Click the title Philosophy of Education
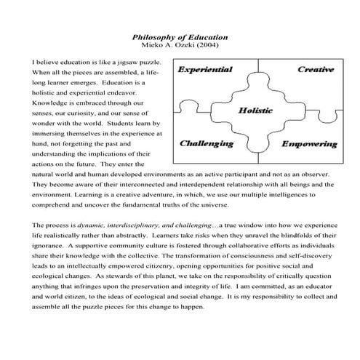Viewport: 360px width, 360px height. (180, 36)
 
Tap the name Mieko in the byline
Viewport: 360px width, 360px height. (154, 45)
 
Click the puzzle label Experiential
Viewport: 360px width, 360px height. (205, 70)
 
